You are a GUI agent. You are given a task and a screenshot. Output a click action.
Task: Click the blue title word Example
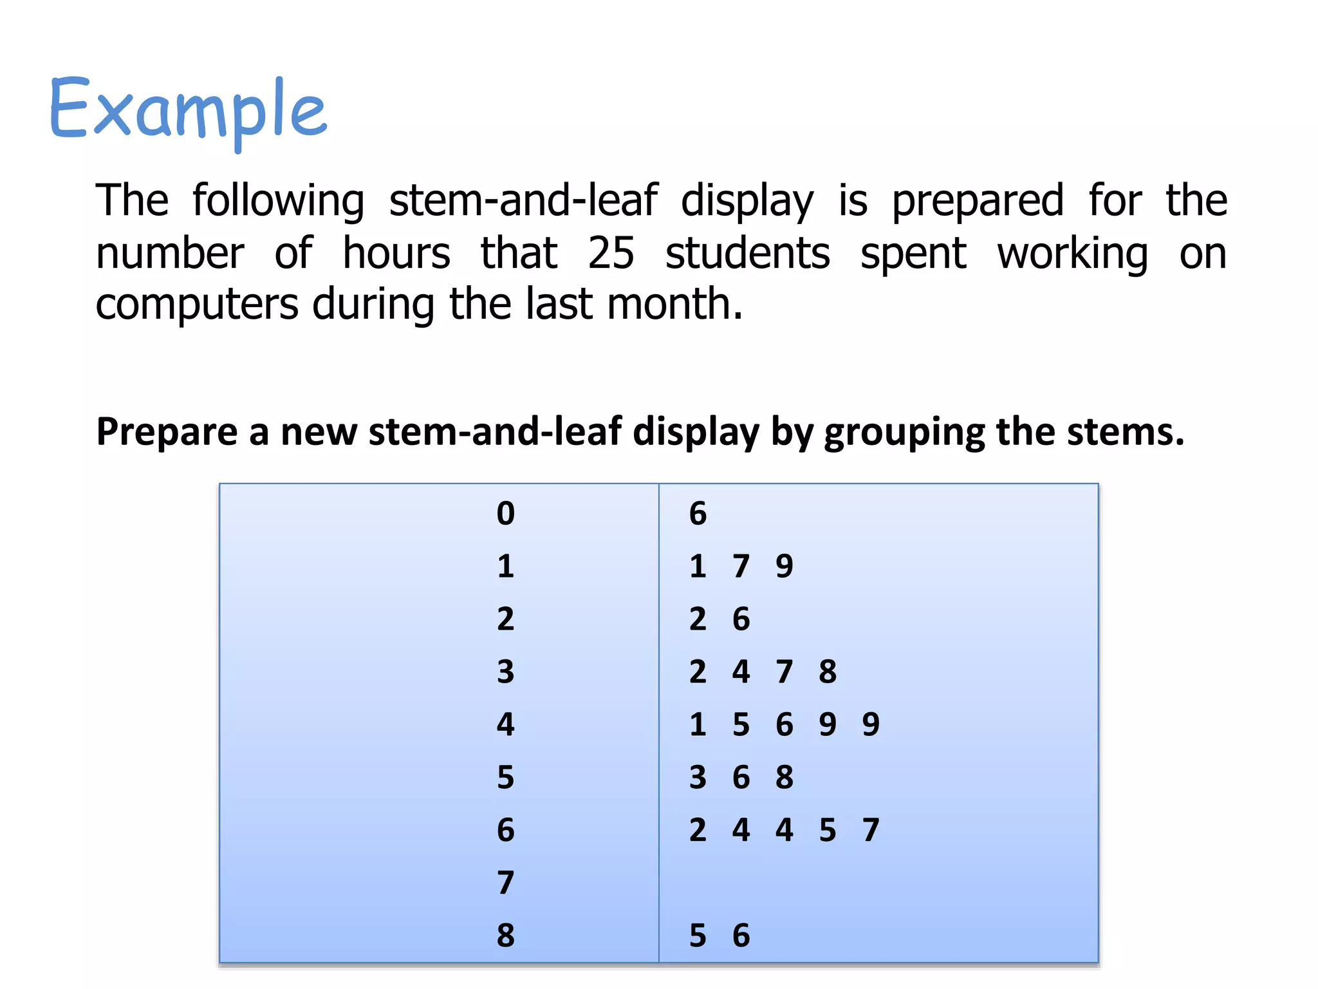click(x=188, y=109)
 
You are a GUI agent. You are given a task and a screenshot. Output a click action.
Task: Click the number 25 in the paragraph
click(x=611, y=252)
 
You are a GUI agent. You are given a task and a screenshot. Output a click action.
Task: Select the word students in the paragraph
click(x=747, y=252)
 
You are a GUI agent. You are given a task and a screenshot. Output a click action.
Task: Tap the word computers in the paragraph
click(x=197, y=304)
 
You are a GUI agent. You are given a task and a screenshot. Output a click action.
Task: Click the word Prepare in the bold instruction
click(x=167, y=431)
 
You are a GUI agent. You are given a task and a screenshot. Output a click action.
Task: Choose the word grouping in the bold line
click(x=904, y=431)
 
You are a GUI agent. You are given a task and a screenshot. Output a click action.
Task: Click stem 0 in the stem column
click(x=506, y=514)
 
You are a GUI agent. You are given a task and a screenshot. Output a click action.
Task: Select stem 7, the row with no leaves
click(x=506, y=883)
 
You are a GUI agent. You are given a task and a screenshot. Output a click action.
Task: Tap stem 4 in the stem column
click(x=506, y=724)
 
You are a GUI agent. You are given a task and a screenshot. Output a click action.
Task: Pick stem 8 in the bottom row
click(x=506, y=936)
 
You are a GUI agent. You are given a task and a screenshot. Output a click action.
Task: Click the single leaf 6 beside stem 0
click(x=698, y=514)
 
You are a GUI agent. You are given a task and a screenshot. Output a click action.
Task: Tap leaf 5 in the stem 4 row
click(x=741, y=724)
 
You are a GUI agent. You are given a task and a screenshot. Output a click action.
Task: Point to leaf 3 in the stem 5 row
click(x=698, y=777)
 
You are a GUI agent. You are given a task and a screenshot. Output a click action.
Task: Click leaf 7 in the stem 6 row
click(x=871, y=830)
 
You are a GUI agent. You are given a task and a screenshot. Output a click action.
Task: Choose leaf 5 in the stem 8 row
click(x=698, y=936)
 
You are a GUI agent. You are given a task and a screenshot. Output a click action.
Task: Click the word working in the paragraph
click(x=1072, y=252)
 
